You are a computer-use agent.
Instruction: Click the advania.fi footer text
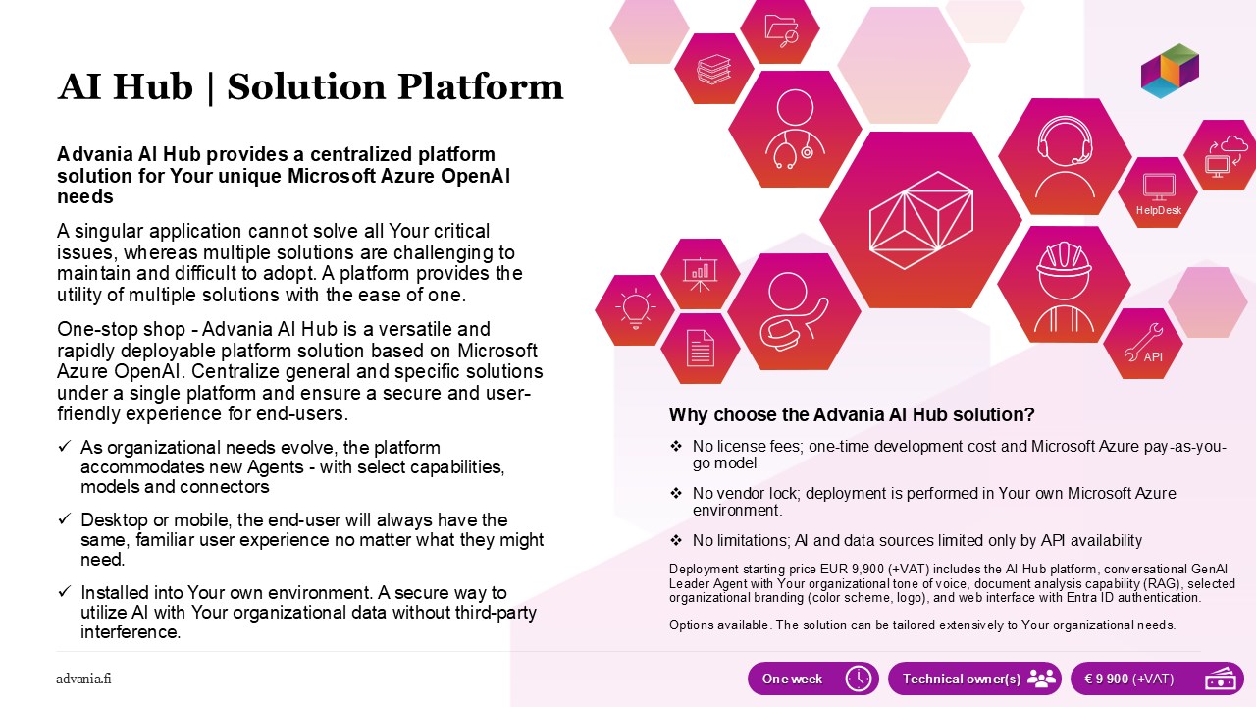(83, 679)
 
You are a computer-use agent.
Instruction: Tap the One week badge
(813, 679)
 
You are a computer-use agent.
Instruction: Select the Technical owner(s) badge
(974, 679)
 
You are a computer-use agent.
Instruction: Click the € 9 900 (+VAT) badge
(1157, 679)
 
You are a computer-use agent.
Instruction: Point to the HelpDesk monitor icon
(1159, 188)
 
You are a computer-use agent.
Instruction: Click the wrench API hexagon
(1143, 344)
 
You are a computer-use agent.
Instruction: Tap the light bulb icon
(635, 308)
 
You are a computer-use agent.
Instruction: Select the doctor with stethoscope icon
(795, 129)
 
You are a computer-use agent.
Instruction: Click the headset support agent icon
(1065, 156)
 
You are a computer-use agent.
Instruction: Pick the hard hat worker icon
(1064, 286)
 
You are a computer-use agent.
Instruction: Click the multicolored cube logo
(1170, 71)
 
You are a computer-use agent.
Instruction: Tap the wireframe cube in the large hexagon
(920, 220)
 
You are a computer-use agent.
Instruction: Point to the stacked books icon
(713, 70)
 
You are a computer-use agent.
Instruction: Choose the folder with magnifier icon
(781, 30)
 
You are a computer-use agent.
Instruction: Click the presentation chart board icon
(700, 274)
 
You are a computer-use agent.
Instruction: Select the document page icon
(701, 349)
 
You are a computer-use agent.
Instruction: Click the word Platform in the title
(480, 87)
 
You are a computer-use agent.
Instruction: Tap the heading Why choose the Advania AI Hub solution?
(851, 414)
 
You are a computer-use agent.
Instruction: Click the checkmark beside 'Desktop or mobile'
(65, 518)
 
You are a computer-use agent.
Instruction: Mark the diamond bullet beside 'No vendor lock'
(676, 493)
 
